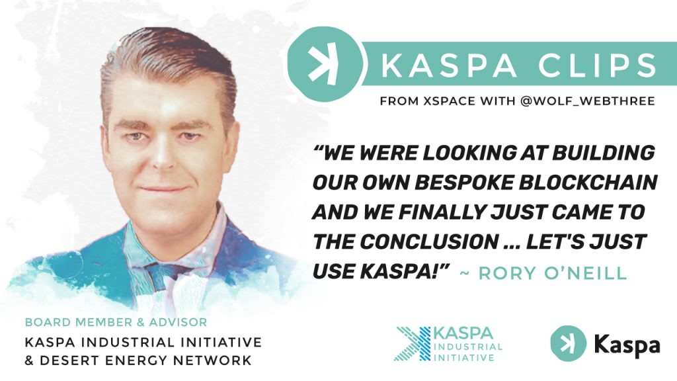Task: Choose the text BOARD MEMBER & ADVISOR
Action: [x=116, y=323]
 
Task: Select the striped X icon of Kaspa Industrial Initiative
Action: [x=411, y=344]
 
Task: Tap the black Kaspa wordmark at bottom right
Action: [x=626, y=345]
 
